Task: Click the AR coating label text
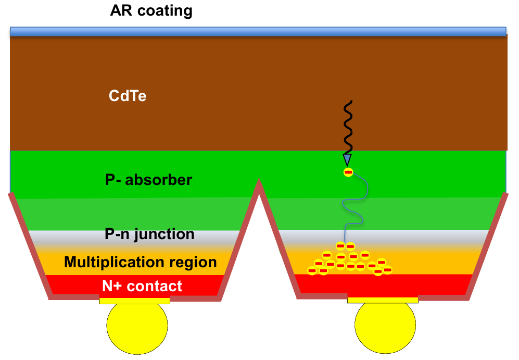pos(151,11)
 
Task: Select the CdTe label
pos(128,96)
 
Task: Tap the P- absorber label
pos(148,180)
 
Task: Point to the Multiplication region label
pos(141,262)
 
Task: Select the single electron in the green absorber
pos(348,172)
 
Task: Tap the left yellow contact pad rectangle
pos(135,301)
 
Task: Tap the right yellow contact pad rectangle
pos(383,300)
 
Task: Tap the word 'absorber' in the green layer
pos(162,180)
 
